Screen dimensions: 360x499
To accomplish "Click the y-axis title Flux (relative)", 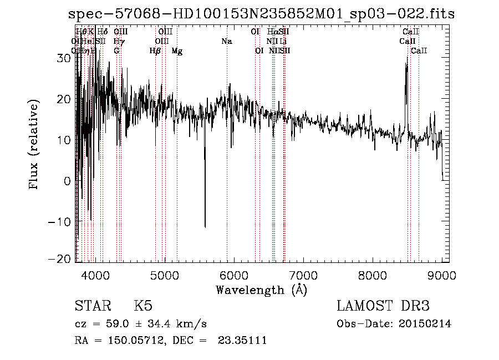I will [34, 145].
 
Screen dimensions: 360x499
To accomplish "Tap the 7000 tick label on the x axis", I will [303, 275].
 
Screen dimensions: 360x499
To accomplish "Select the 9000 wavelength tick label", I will [441, 275].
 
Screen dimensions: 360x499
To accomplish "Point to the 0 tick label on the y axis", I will [67, 181].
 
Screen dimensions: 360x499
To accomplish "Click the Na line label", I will [226, 42].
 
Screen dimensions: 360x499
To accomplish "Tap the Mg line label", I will [177, 51].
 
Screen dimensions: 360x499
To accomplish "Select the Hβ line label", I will [155, 51].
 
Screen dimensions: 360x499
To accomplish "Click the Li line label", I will [283, 42].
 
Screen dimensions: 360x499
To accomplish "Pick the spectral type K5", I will [143, 306].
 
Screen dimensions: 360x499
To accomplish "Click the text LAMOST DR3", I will [383, 306].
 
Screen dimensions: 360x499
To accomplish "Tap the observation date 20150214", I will [426, 324].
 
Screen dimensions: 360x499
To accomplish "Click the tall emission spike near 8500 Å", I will [406, 67].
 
